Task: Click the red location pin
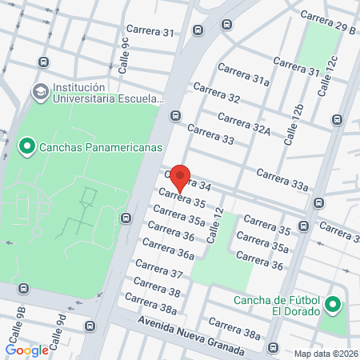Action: tap(181, 178)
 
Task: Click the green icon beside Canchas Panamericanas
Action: tap(26, 146)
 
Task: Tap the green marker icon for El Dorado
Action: tap(334, 305)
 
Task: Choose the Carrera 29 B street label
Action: tap(329, 24)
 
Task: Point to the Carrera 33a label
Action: tap(282, 179)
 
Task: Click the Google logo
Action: tap(26, 350)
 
